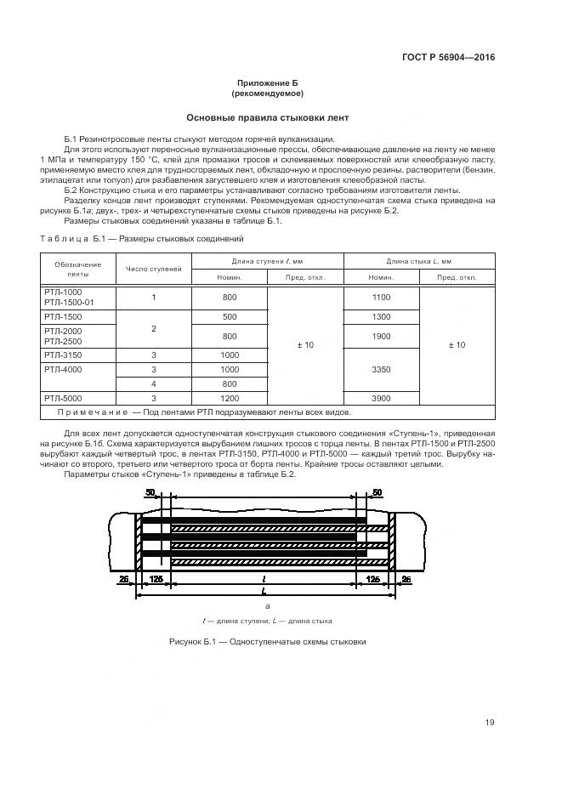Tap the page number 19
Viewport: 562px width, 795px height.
click(x=490, y=723)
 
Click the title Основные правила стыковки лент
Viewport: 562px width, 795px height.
click(x=268, y=117)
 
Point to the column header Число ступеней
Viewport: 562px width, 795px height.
click(x=154, y=269)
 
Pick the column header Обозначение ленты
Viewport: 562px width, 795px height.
click(x=77, y=270)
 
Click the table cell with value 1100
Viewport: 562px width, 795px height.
click(x=381, y=297)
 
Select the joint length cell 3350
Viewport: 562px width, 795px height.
click(x=381, y=370)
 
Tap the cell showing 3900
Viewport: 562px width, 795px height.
click(x=381, y=398)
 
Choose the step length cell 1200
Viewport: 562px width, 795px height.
click(x=230, y=398)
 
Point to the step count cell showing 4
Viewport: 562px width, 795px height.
click(x=154, y=383)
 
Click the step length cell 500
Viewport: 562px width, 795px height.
click(x=230, y=316)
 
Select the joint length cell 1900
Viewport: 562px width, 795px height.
click(x=381, y=335)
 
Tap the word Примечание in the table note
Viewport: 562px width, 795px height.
click(x=92, y=412)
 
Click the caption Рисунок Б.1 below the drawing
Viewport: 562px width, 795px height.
click(x=268, y=641)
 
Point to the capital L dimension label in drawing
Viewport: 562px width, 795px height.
click(x=266, y=589)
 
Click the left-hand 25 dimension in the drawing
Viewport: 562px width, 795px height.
click(x=124, y=578)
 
